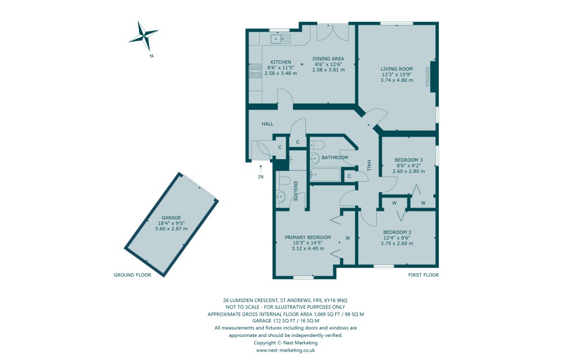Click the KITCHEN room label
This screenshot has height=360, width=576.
coord(280,62)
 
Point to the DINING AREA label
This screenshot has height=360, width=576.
coord(328,58)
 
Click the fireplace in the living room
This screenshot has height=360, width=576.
coord(430,76)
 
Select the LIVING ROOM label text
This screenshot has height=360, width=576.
coord(397,69)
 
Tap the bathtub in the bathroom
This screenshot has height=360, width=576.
coord(325,175)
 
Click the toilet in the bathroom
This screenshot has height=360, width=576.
coord(315,144)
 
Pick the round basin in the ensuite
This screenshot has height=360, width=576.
coord(282,196)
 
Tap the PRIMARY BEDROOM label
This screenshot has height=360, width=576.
coord(308,237)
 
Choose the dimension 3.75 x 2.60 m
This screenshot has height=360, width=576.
coord(398,244)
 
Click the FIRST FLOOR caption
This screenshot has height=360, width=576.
coord(424,275)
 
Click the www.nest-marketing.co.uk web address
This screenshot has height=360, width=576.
coord(286,350)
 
